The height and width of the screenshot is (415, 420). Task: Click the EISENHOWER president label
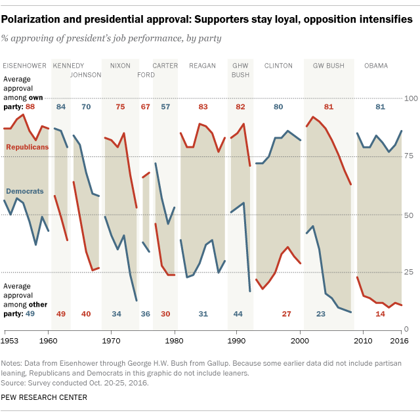click(x=25, y=66)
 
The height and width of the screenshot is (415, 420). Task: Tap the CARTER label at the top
click(x=165, y=66)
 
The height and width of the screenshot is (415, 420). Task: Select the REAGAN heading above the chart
click(x=202, y=66)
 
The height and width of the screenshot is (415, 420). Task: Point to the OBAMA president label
click(x=376, y=66)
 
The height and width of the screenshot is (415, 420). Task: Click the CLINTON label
click(x=278, y=66)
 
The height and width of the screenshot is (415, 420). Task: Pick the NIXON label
click(x=120, y=66)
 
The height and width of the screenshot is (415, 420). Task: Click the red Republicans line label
click(x=27, y=147)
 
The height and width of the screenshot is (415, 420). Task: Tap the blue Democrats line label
click(x=25, y=191)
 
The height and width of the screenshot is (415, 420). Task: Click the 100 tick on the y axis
click(x=410, y=98)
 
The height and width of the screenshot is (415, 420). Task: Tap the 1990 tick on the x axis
click(x=237, y=341)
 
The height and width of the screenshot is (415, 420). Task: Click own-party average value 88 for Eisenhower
click(x=30, y=106)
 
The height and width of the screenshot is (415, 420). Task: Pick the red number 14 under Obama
click(x=381, y=314)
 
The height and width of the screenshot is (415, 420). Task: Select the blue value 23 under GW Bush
click(x=321, y=314)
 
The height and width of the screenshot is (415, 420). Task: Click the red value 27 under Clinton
click(x=286, y=314)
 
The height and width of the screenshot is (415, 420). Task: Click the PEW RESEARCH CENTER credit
click(x=45, y=397)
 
